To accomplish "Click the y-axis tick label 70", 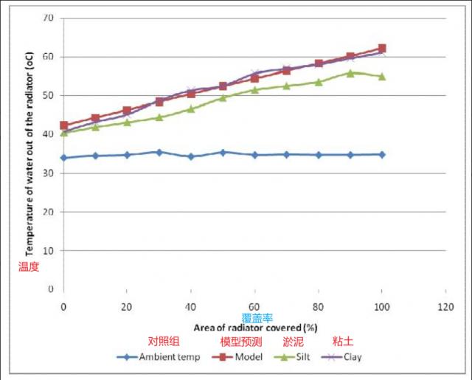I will [x=48, y=18].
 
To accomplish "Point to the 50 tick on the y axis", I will [x=48, y=95].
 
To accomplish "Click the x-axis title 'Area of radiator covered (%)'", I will [x=255, y=326].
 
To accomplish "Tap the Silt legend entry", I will [x=297, y=357].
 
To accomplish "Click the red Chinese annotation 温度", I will [x=28, y=266].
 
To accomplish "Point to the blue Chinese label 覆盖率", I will [x=257, y=317].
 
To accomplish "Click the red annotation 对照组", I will [x=164, y=342].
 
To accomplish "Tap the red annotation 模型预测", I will [x=240, y=342].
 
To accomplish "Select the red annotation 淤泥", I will [x=293, y=342].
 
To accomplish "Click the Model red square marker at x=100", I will [x=381, y=49].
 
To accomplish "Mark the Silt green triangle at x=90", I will [x=350, y=72].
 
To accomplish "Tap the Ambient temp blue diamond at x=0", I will [x=64, y=157].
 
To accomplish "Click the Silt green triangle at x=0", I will [x=64, y=132].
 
